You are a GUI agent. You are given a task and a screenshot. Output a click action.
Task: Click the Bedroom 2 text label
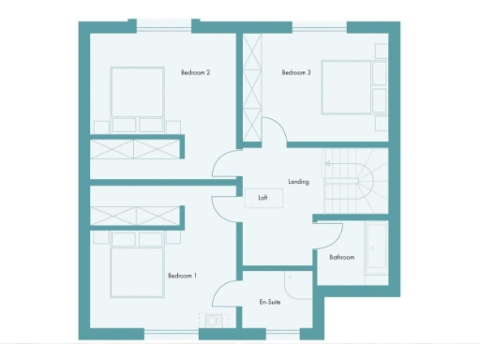point(194,72)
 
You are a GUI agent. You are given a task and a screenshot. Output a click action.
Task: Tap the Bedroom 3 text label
point(295,72)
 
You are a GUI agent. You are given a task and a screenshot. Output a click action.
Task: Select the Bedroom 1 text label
point(182,276)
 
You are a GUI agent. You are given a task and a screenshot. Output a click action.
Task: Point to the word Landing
point(299,181)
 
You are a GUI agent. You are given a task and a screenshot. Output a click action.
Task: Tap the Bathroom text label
point(341,257)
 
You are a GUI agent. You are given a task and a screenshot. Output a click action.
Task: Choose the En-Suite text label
point(270,302)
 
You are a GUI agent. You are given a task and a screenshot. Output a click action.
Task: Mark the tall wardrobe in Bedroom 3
point(252,88)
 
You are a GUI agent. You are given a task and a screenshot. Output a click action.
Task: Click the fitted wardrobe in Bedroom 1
point(133,217)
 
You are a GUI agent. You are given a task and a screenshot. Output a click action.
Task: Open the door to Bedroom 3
point(274,134)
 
